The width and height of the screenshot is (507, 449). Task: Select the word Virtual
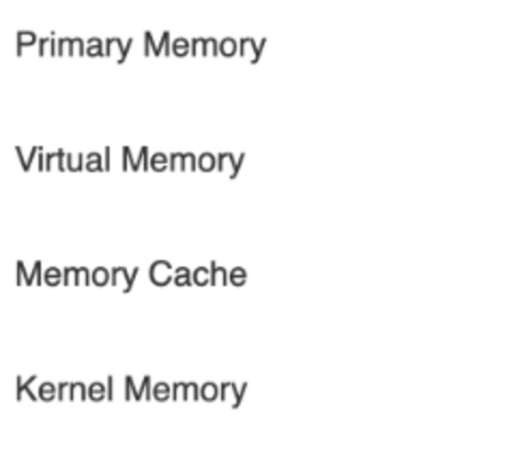[64, 159]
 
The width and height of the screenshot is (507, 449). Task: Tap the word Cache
[198, 274]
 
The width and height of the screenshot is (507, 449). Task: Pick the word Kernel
[64, 389]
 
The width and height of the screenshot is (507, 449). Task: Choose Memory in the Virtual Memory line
[183, 161]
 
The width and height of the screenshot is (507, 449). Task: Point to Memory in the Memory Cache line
[77, 276]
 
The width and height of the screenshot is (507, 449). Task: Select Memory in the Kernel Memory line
[186, 391]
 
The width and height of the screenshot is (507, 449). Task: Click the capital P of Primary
[26, 45]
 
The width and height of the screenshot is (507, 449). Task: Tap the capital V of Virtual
[27, 159]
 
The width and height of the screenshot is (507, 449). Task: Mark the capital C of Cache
[161, 274]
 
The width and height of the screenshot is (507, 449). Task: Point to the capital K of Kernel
[27, 389]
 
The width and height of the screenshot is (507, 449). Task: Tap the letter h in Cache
[214, 274]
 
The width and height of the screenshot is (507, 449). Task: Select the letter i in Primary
[53, 45]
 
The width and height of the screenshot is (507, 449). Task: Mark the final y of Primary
[124, 51]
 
